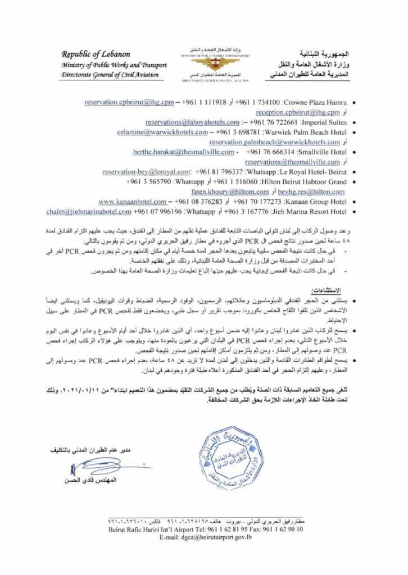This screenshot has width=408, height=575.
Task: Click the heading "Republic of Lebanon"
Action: [96, 54]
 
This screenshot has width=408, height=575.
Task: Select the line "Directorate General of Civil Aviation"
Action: [110, 75]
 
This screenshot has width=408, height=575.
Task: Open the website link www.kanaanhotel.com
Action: [132, 201]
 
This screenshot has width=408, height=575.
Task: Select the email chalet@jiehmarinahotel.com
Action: [89, 211]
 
